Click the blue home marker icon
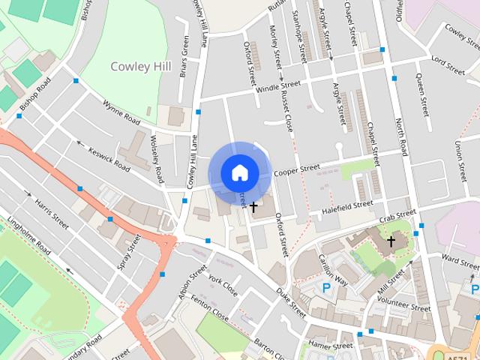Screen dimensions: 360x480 pyautogui.click(x=239, y=172)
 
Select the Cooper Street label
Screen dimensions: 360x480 pyautogui.click(x=297, y=171)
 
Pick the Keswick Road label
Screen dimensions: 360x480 pyautogui.click(x=109, y=151)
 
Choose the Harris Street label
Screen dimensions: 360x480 pyautogui.click(x=51, y=214)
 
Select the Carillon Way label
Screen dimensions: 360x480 pyautogui.click(x=332, y=268)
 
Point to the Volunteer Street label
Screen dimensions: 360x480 pyautogui.click(x=403, y=304)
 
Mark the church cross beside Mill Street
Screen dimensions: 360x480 pyautogui.click(x=391, y=241)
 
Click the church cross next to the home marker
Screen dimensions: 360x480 pyautogui.click(x=253, y=206)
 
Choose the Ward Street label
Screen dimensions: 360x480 pyautogui.click(x=460, y=259)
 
